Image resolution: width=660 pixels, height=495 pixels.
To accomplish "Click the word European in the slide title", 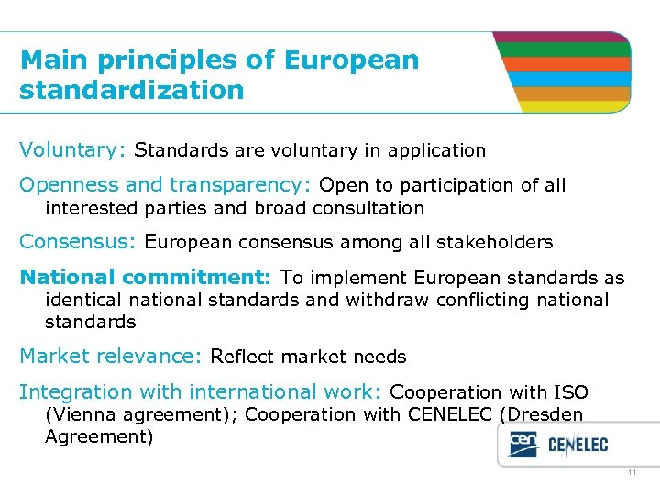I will coord(352,60).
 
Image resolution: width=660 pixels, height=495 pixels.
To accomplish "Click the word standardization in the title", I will coord(132,91).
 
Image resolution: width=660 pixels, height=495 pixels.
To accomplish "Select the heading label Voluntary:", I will coord(76,149).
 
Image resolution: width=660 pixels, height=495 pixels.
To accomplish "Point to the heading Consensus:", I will coord(78,243).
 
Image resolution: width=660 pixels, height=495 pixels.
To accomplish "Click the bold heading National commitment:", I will coord(145,278).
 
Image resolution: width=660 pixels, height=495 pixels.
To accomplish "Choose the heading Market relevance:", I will coord(111,357).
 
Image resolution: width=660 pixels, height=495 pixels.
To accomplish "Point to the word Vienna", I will coord(82,414).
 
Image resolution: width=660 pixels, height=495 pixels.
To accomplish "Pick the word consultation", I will coord(368,208).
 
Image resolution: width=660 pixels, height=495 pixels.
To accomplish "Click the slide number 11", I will coord(632,473).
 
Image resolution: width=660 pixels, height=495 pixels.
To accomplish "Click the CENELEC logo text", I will coord(577,446).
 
